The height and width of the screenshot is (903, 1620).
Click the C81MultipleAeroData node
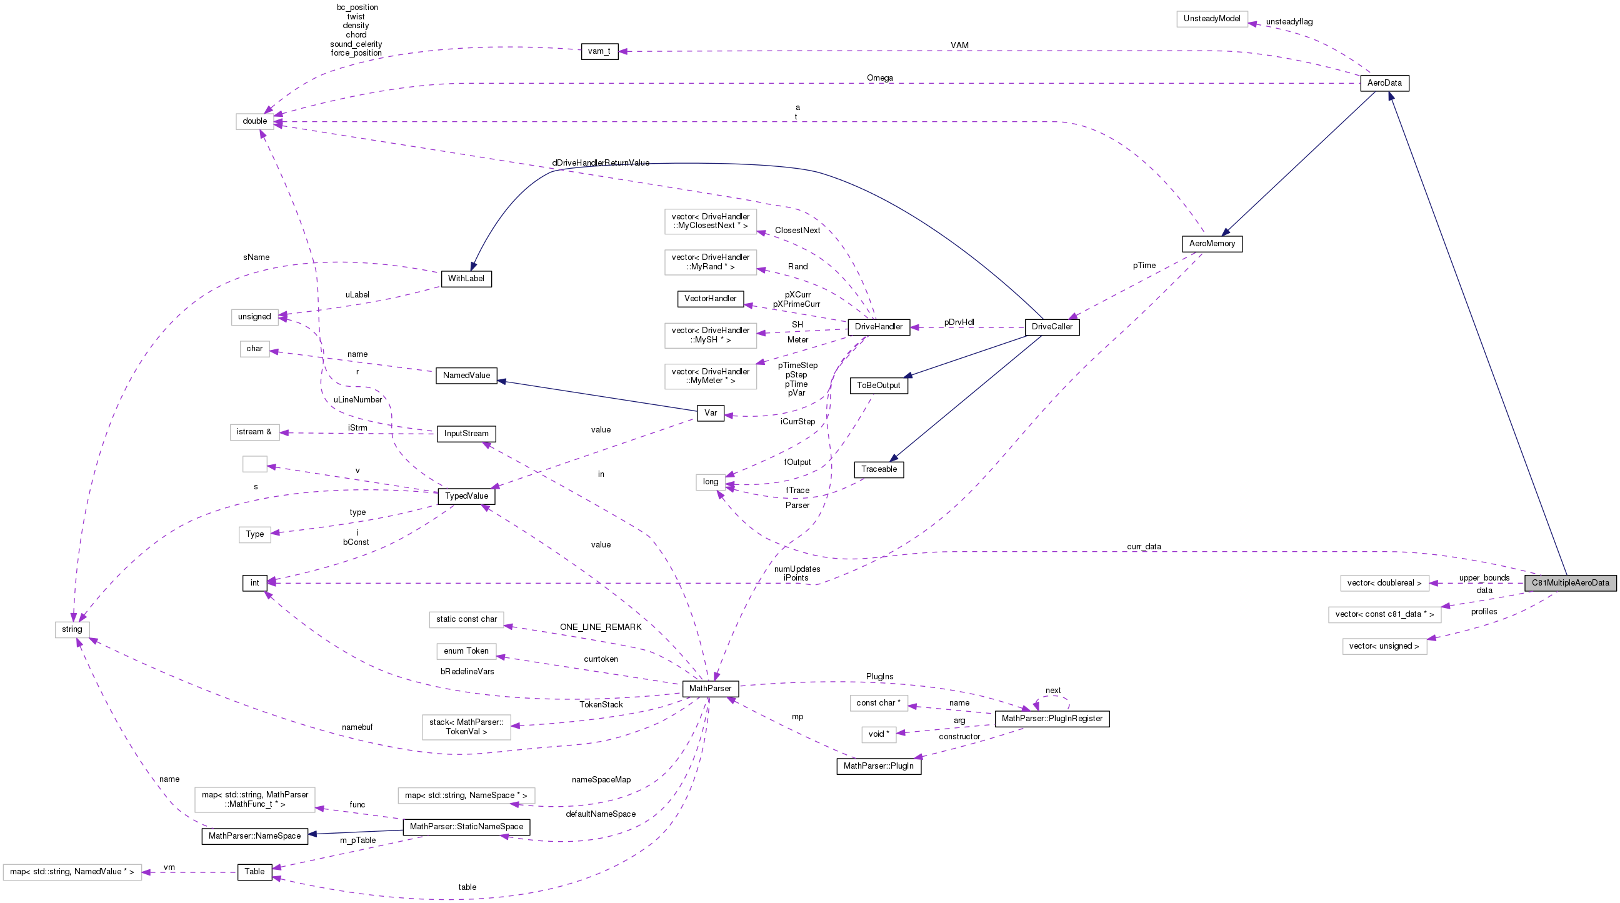[1570, 582]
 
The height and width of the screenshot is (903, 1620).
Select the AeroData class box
[1384, 83]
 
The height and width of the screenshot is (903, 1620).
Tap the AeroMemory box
[1212, 243]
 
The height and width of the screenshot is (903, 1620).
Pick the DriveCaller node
[1051, 327]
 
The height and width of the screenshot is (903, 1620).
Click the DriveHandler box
[878, 327]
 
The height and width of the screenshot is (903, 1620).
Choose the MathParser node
[710, 689]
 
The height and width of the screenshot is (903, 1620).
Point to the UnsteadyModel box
[1211, 19]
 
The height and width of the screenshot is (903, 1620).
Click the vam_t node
[599, 52]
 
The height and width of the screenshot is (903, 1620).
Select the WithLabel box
[466, 279]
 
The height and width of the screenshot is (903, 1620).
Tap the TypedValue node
[466, 496]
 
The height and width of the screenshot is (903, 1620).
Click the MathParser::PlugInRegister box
[1051, 719]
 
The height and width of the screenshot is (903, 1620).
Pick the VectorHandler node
[710, 299]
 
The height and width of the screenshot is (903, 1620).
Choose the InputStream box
[466, 434]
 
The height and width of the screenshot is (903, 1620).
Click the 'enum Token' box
[466, 651]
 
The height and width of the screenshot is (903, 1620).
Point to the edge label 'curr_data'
[1144, 546]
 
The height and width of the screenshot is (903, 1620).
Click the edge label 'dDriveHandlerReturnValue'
[601, 163]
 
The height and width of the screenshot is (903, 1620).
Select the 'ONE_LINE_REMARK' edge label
[601, 627]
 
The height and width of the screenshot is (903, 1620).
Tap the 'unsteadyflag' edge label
[1289, 22]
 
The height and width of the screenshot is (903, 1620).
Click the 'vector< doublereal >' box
[1384, 583]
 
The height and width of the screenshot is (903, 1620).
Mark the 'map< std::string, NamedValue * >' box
[72, 872]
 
